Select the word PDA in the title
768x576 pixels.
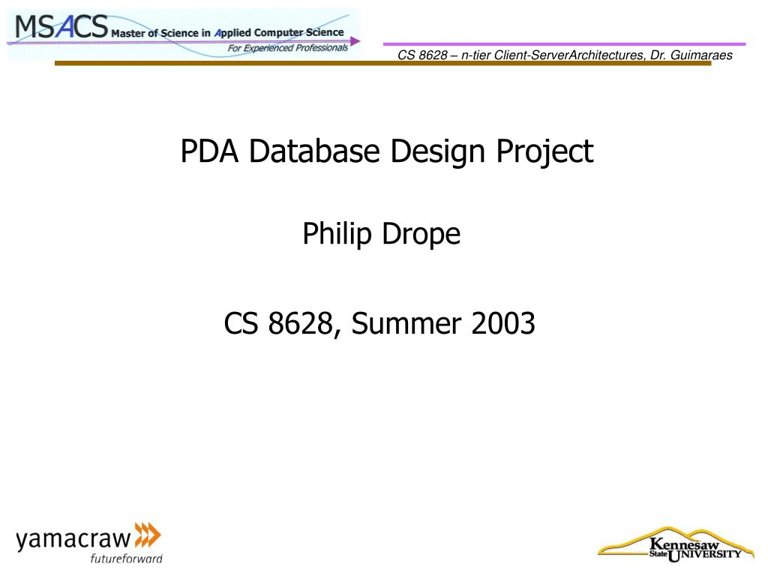tap(209, 151)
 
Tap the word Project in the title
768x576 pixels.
tap(545, 151)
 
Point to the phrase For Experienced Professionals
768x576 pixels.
tap(288, 48)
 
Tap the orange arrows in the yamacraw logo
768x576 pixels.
tap(148, 535)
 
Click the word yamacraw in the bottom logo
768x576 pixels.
tap(73, 538)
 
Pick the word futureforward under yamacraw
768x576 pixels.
tap(126, 558)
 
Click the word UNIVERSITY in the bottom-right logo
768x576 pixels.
tap(705, 555)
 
